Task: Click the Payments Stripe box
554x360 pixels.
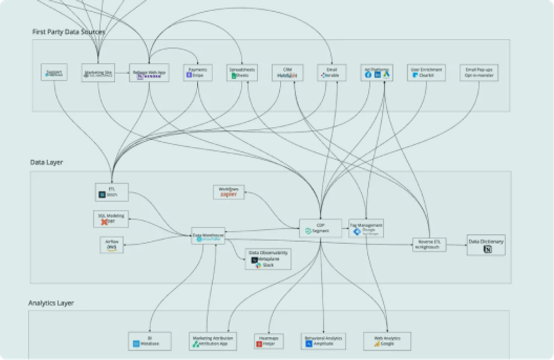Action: [x=198, y=73]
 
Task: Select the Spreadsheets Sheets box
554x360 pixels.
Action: [x=242, y=73]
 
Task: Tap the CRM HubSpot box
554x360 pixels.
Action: [x=287, y=73]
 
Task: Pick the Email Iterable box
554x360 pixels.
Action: [x=332, y=73]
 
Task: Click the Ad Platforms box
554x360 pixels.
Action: [x=377, y=73]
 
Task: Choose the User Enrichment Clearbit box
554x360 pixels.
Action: [x=426, y=73]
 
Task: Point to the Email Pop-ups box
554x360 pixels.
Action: [x=478, y=73]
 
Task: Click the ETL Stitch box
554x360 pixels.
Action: [x=112, y=192]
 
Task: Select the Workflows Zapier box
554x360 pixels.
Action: [x=229, y=192]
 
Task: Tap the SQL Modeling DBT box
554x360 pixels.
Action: [x=111, y=219]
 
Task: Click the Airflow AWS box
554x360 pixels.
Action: [x=111, y=245]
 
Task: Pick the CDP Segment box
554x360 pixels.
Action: [x=320, y=228]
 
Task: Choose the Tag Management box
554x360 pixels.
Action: [x=366, y=228]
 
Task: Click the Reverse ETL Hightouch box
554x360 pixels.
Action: [x=429, y=244]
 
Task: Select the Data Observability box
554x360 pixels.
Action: [x=268, y=259]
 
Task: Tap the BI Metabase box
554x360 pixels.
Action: [x=150, y=341]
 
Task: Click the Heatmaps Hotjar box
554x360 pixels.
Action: [x=269, y=341]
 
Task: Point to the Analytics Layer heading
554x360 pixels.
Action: [x=51, y=303]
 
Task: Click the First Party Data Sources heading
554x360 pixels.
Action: [x=68, y=32]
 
